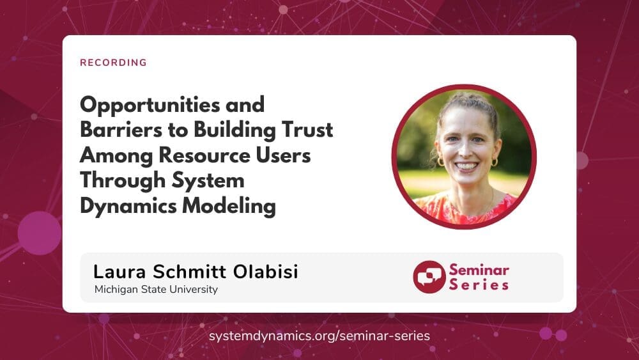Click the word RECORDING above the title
coord(113,63)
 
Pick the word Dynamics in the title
coord(128,207)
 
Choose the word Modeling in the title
coord(229,207)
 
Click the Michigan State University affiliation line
coord(156,290)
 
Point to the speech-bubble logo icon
coord(429,277)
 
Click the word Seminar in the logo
coord(479,270)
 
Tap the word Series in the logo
coord(479,285)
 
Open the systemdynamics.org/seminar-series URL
coord(319,336)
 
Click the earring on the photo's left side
coord(441,161)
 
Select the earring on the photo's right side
coord(495,162)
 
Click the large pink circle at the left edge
coord(40,233)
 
